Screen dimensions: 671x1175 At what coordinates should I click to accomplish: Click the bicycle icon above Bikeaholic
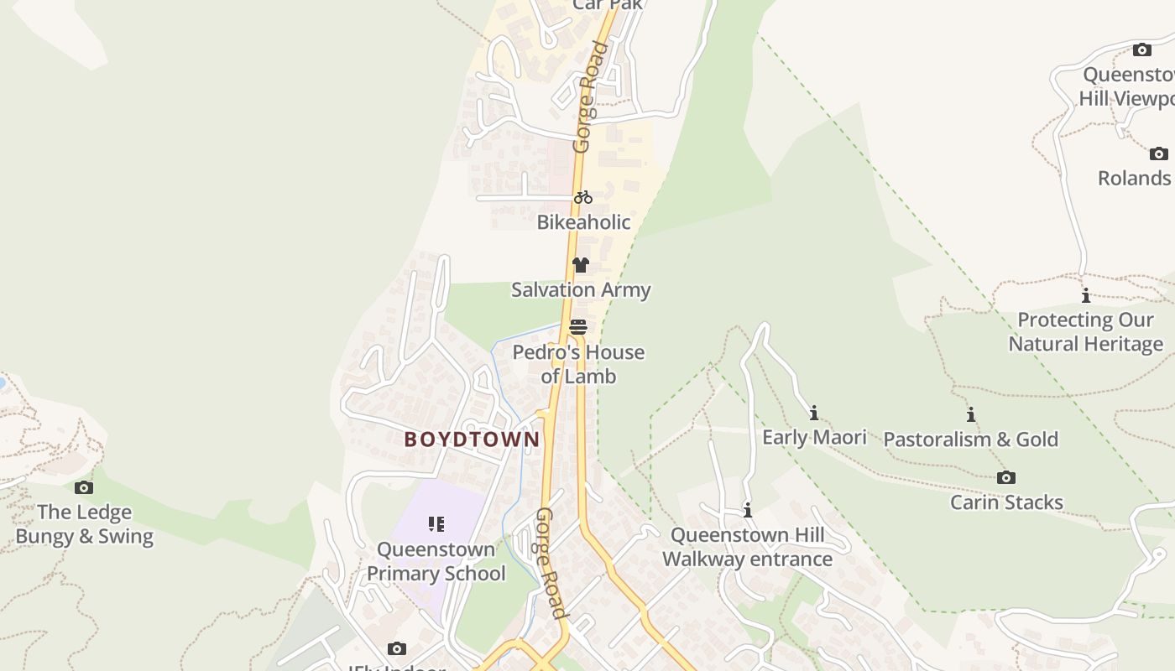click(x=583, y=198)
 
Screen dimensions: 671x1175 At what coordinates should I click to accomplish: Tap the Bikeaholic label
click(x=583, y=222)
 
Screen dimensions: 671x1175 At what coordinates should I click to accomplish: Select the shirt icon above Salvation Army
click(x=580, y=265)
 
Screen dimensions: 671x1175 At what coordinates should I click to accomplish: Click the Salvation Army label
click(x=581, y=290)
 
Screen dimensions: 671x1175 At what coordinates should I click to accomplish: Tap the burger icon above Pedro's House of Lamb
click(x=577, y=327)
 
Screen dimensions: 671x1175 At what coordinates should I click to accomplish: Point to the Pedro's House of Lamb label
click(x=578, y=364)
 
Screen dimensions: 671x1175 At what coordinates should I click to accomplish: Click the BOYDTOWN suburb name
click(x=472, y=440)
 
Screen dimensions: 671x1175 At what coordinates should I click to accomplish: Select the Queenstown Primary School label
click(x=436, y=561)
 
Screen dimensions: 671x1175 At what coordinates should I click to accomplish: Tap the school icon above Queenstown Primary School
click(x=436, y=525)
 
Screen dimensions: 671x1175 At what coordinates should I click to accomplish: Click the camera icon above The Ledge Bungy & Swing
click(x=84, y=487)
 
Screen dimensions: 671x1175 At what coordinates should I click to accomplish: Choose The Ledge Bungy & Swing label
click(x=85, y=524)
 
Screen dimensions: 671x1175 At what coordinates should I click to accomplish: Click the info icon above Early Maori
click(x=813, y=413)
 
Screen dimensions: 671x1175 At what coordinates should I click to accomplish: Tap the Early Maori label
click(x=814, y=437)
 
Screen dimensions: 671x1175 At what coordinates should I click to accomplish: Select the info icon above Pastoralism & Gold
click(x=971, y=414)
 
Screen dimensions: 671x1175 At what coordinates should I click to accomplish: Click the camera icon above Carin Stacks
click(x=1005, y=478)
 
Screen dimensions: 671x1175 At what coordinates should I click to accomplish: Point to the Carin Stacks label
click(x=1006, y=502)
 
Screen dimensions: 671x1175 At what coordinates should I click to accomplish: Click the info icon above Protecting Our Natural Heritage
click(x=1085, y=295)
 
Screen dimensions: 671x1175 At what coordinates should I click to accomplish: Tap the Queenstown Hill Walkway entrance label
click(x=747, y=547)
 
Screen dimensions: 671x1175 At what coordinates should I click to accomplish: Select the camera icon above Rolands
click(x=1158, y=153)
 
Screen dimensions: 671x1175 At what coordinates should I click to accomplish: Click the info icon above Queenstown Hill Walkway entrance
click(x=747, y=510)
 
